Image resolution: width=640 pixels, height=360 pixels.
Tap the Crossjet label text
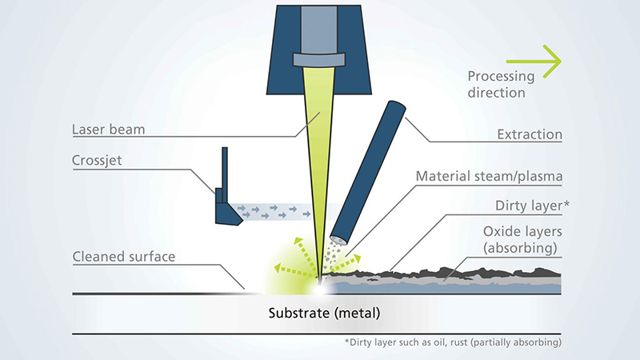[x=97, y=161]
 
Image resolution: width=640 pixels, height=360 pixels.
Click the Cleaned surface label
[x=123, y=257]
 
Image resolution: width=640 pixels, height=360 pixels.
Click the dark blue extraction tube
[x=368, y=168]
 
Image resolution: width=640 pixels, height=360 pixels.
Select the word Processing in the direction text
[x=501, y=77]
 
